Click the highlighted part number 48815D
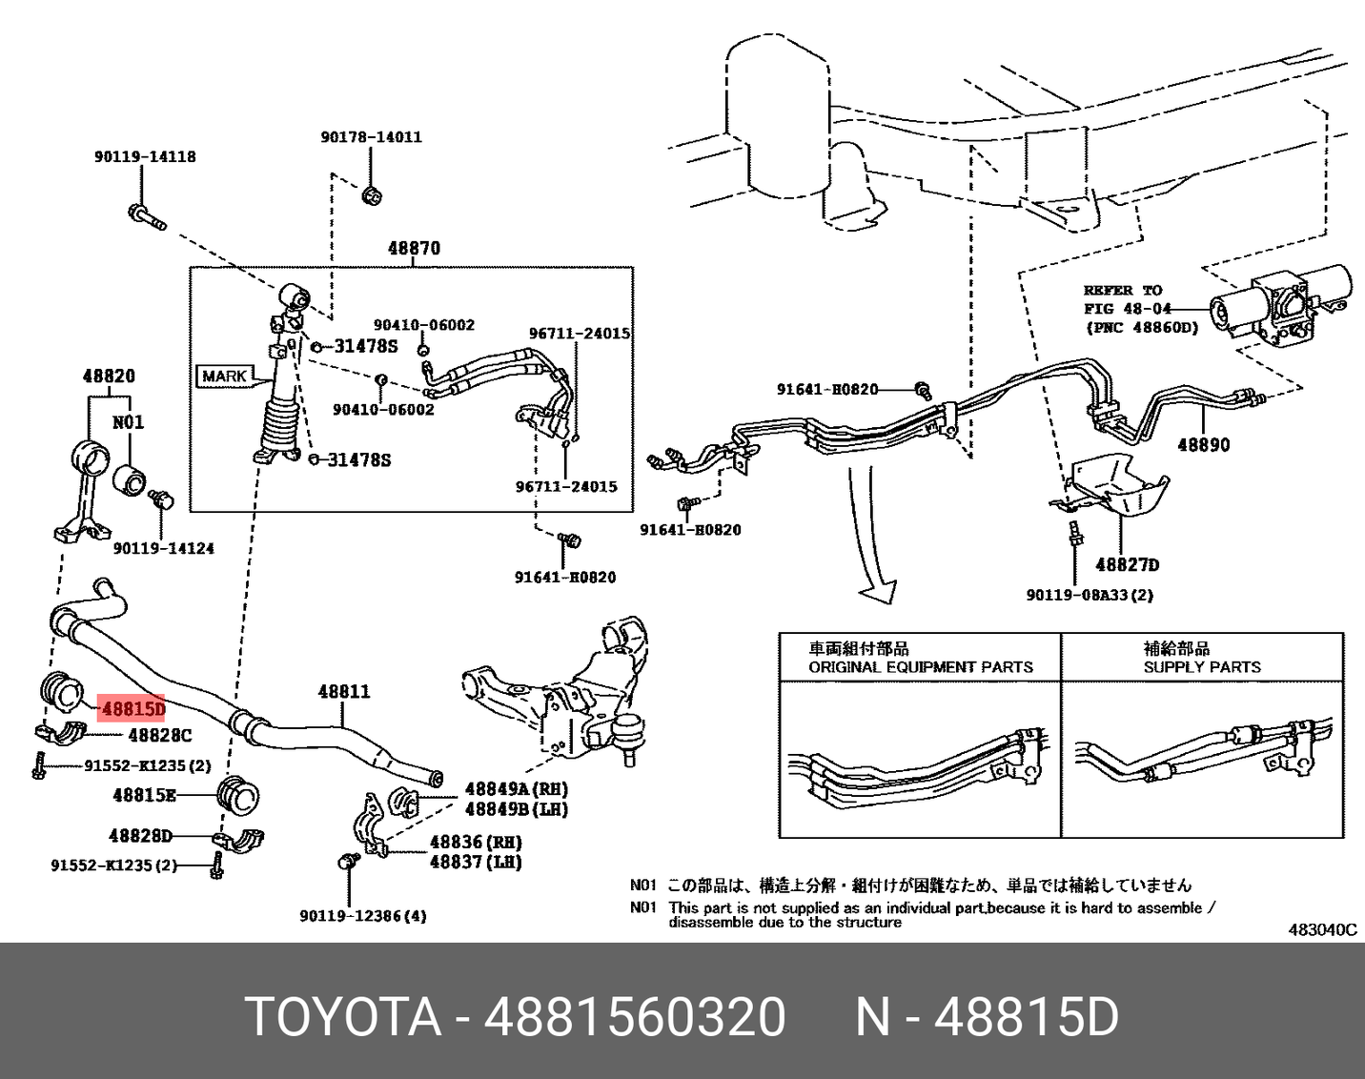coord(132,708)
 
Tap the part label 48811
coord(343,691)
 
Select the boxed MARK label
coord(224,376)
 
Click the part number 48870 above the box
coord(414,249)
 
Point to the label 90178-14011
coord(371,137)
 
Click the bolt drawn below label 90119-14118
coord(146,216)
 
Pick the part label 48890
coord(1203,444)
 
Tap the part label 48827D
coord(1127,564)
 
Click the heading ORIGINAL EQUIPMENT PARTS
coord(920,667)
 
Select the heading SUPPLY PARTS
coord(1201,667)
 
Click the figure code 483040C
coord(1322,929)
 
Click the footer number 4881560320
coord(635,1016)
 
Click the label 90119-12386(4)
coord(362,916)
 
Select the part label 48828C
coord(159,735)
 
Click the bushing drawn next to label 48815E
coord(239,795)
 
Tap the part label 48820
coord(108,377)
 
